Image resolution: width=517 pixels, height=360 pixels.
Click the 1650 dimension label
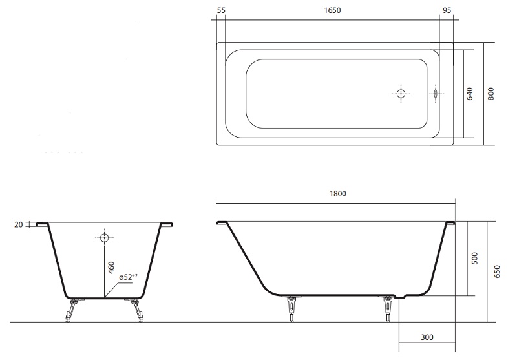coord(332,10)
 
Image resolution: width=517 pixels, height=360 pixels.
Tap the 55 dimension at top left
coord(221,10)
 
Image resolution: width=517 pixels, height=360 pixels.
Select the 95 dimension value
coord(447,10)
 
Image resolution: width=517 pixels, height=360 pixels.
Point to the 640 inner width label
coord(470,94)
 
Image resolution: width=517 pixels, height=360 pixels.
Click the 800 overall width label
coord(491,94)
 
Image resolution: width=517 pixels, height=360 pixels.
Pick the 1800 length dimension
coord(338,193)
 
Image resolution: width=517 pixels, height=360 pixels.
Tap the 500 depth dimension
coord(474,259)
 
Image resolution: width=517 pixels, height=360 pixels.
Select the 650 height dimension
coord(497,271)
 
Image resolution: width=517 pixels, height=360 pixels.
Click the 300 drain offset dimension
coord(427,337)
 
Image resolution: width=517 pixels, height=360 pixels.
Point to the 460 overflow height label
coord(111,268)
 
